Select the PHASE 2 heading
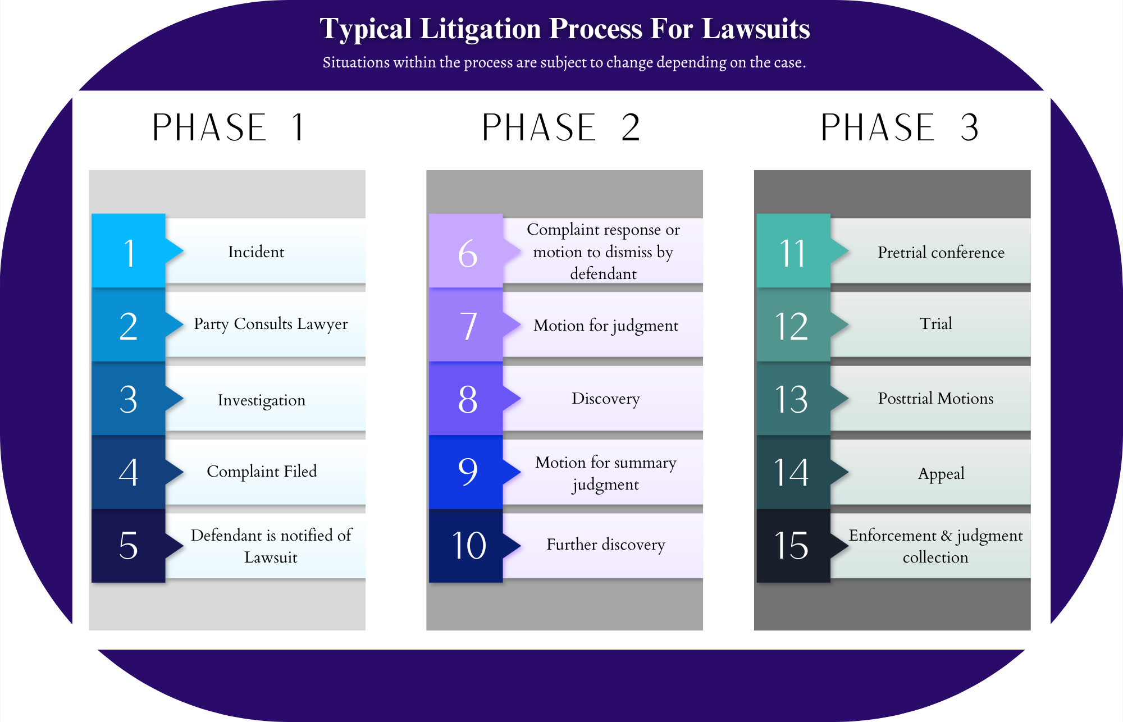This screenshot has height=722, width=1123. click(x=561, y=127)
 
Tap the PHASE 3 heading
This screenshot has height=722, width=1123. click(x=900, y=127)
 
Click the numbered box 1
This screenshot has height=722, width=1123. click(x=129, y=250)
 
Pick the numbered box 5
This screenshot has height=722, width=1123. click(x=129, y=546)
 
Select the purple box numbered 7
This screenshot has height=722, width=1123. click(x=466, y=325)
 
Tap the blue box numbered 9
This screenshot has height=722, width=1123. click(x=466, y=472)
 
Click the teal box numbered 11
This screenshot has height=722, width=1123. click(x=793, y=250)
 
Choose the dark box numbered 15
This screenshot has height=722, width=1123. click(x=793, y=546)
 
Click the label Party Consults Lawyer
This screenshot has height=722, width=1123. click(x=271, y=325)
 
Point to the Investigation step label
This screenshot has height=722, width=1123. click(x=262, y=400)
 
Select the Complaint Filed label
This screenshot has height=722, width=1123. click(x=262, y=472)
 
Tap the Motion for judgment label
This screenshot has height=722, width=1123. click(x=606, y=326)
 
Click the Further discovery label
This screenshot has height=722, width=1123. click(x=606, y=545)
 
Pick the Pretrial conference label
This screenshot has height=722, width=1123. click(x=941, y=252)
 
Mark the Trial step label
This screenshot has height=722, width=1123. click(x=935, y=323)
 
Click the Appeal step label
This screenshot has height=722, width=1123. click(x=941, y=474)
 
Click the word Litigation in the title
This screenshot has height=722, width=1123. click(x=480, y=29)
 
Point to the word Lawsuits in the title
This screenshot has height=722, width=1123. click(x=756, y=29)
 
